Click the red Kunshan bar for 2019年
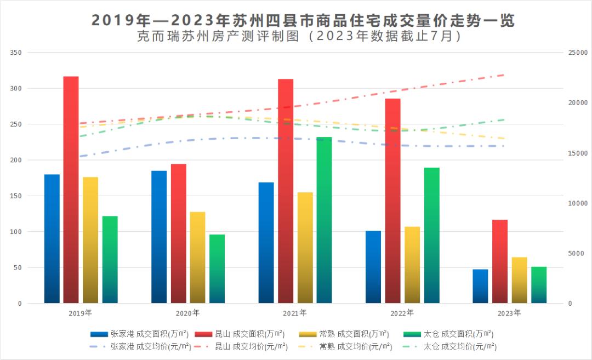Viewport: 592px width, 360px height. [x=71, y=190]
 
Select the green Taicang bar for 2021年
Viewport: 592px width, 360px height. [x=324, y=220]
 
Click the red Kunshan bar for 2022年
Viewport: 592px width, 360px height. [x=392, y=201]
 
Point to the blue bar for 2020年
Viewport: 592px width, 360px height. [x=159, y=237]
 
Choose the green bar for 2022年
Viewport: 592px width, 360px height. [x=431, y=235]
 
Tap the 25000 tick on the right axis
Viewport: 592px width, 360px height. [x=578, y=53]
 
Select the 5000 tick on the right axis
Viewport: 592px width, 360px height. [x=576, y=253]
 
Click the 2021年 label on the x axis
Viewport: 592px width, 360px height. [x=295, y=313]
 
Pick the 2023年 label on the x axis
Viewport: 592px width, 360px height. [x=509, y=313]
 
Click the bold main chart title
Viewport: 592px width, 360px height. [x=303, y=20]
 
